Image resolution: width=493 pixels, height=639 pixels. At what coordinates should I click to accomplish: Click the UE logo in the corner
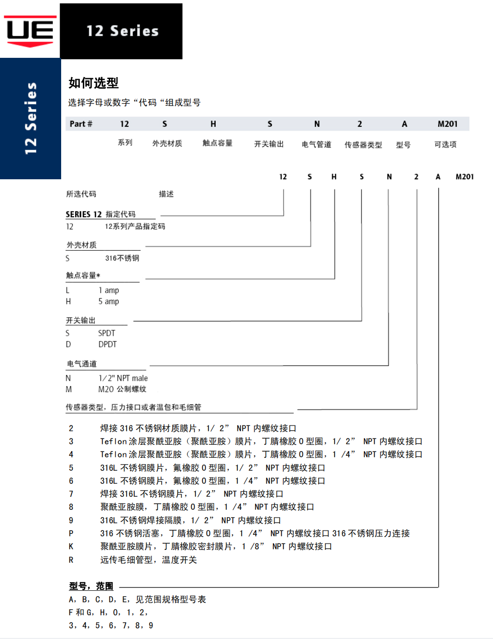(x=30, y=31)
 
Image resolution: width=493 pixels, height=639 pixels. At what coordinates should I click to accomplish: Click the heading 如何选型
(x=93, y=83)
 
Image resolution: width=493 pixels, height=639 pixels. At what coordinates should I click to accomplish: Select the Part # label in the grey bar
(x=81, y=124)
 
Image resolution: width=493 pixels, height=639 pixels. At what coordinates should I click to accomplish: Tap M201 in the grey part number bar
(x=447, y=124)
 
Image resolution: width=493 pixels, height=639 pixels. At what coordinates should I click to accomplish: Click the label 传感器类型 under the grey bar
(x=363, y=145)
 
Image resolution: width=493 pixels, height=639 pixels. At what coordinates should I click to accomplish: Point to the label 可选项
(x=445, y=145)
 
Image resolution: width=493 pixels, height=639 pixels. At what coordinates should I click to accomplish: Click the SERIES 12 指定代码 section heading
(x=101, y=214)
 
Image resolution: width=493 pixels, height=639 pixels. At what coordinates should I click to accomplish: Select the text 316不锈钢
(x=122, y=258)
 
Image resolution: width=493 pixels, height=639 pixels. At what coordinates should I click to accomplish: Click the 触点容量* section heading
(x=83, y=276)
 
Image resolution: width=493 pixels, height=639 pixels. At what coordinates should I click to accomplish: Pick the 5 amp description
(x=109, y=302)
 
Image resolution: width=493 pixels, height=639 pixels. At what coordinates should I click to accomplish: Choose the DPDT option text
(x=107, y=345)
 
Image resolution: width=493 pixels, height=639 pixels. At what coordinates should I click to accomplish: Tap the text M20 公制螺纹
(x=122, y=389)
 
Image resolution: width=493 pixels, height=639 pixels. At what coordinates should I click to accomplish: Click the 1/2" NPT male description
(x=123, y=378)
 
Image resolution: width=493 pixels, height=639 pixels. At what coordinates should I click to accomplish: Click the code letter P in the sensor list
(x=71, y=533)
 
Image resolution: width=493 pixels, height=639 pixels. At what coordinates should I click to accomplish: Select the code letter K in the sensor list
(x=71, y=546)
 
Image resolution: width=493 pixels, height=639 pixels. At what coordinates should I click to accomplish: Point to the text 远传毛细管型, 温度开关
(x=148, y=560)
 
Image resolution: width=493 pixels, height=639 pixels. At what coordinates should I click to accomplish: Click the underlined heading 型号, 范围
(x=91, y=586)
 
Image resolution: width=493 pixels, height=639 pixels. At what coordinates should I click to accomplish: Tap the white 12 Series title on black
(x=122, y=31)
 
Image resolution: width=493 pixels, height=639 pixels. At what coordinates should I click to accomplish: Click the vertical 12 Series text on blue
(x=30, y=119)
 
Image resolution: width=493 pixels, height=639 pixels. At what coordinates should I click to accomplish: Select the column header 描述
(x=166, y=194)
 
